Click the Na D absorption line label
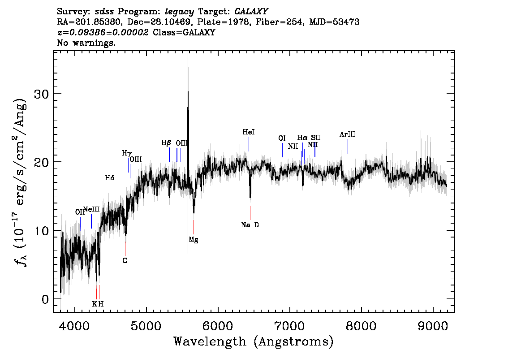[x=250, y=225]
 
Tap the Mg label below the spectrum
[x=194, y=240]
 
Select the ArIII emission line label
[x=348, y=134]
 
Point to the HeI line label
[x=249, y=132]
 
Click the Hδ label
[x=109, y=178]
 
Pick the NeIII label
[x=92, y=209]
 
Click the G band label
[x=125, y=260]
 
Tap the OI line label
[x=282, y=138]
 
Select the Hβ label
[x=166, y=143]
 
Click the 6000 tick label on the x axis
[x=218, y=326]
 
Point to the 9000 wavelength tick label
[x=433, y=326]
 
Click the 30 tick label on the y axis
[x=42, y=94]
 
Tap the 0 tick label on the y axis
[x=45, y=299]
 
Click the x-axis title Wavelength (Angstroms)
[x=254, y=341]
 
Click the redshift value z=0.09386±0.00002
[x=103, y=32]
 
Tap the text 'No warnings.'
[x=86, y=43]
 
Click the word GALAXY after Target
[x=251, y=12]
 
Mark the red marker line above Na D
[x=250, y=212]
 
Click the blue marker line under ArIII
[x=348, y=146]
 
